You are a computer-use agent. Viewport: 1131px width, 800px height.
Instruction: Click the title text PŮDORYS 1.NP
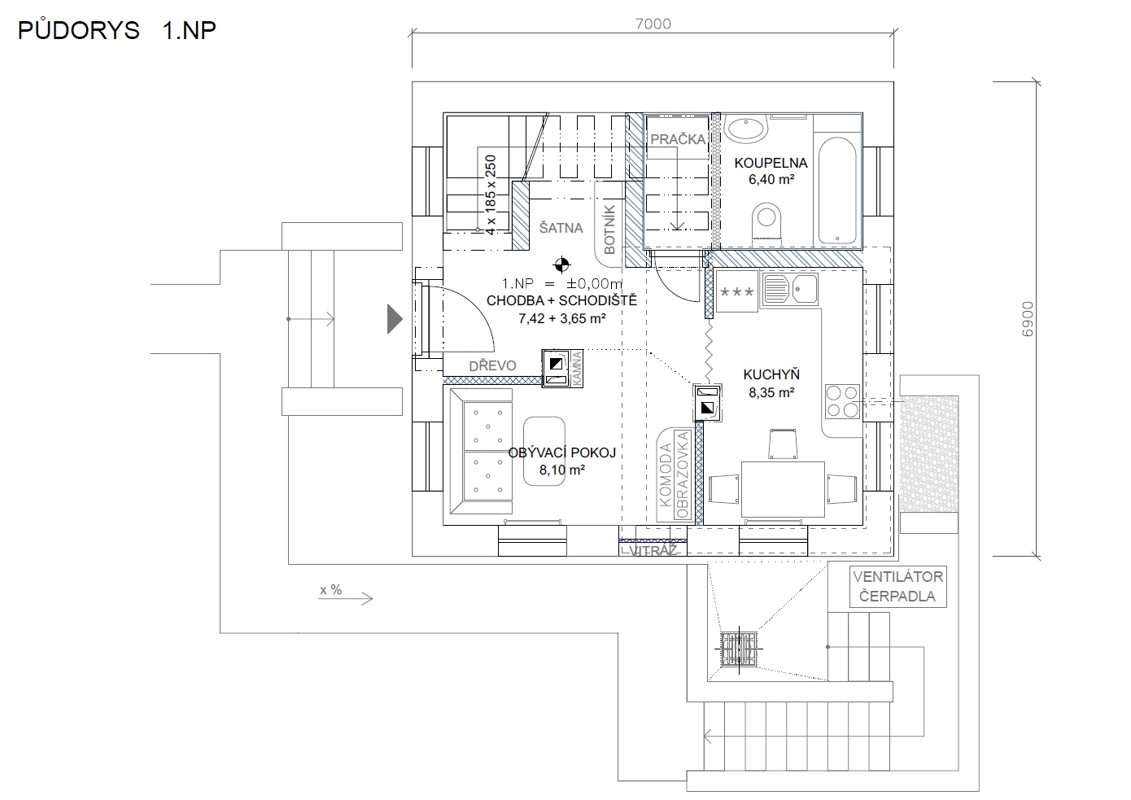click(x=116, y=30)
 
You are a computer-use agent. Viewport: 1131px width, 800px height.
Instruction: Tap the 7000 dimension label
click(x=653, y=24)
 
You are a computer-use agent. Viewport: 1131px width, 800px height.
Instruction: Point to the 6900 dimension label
click(x=1027, y=319)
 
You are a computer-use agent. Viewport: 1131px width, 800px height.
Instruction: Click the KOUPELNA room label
click(x=771, y=163)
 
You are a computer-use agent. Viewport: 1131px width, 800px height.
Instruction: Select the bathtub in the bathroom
click(x=837, y=191)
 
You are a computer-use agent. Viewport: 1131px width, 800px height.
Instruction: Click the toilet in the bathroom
click(x=766, y=221)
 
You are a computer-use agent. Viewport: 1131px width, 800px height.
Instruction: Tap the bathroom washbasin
click(x=746, y=127)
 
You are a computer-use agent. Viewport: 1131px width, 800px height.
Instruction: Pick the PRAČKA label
click(x=678, y=139)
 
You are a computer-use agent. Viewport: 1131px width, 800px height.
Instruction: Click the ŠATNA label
click(x=561, y=228)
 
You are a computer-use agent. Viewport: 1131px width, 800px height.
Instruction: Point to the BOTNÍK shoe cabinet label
click(x=609, y=230)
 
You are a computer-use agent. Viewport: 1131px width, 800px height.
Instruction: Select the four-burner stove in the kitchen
click(x=842, y=401)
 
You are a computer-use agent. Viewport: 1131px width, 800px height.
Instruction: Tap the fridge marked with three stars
click(x=736, y=291)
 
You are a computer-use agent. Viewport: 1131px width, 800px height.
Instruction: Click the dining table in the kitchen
click(x=783, y=489)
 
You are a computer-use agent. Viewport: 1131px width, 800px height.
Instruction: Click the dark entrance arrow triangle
click(x=395, y=319)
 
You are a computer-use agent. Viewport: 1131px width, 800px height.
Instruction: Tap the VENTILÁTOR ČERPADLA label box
click(x=897, y=586)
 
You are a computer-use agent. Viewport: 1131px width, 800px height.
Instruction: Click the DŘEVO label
click(x=492, y=365)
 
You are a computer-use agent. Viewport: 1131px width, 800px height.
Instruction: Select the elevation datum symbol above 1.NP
click(x=561, y=264)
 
